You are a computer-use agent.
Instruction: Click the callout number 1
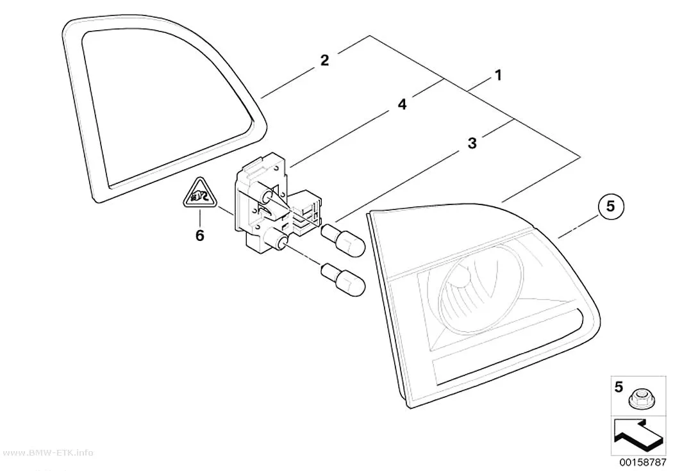coord(498,76)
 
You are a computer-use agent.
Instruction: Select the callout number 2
coord(324,60)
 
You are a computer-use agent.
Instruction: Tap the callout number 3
coord(472,143)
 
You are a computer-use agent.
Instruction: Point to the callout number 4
coord(402,104)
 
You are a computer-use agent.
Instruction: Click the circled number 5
coord(610,207)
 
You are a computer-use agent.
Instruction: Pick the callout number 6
coord(199,236)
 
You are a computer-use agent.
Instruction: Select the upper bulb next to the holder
coord(343,240)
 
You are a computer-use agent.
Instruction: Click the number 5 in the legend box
coord(619,387)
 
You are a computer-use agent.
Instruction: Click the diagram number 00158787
coord(642,462)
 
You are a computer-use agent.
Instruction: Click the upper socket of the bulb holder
coord(267,196)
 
